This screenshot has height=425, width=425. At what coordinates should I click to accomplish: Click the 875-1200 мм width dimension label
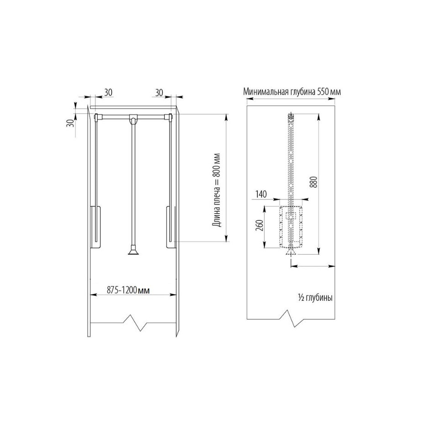click(x=128, y=290)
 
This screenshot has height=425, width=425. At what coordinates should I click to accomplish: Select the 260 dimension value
click(x=259, y=225)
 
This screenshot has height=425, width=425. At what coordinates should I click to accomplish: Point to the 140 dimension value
click(x=261, y=194)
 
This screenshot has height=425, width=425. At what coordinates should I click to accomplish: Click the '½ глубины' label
click(x=315, y=298)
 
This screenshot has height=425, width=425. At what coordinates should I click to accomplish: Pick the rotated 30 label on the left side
click(x=70, y=124)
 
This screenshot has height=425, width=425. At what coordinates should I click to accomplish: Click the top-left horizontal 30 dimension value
click(x=108, y=92)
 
